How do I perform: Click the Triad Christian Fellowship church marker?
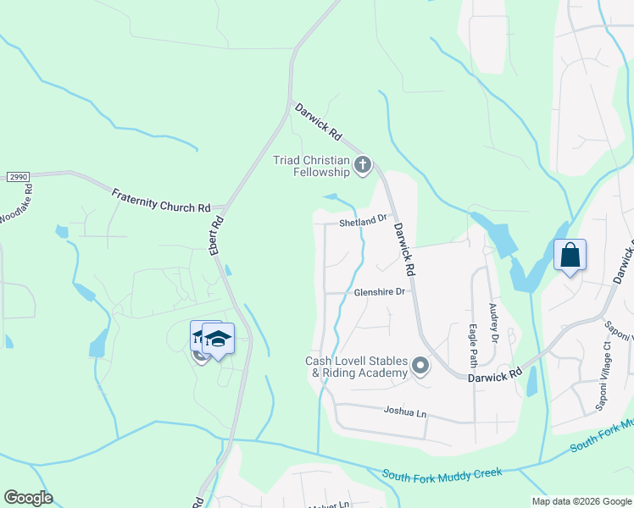pyautogui.click(x=363, y=164)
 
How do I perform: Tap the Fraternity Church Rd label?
pyautogui.click(x=160, y=201)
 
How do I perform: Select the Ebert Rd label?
pyautogui.click(x=216, y=236)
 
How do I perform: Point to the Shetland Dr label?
pyautogui.click(x=363, y=222)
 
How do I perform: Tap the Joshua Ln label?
pyautogui.click(x=404, y=412)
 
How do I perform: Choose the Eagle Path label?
pyautogui.click(x=474, y=342)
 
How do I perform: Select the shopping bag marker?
pyautogui.click(x=570, y=255)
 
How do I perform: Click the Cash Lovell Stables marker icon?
pyautogui.click(x=420, y=367)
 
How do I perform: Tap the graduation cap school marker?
pyautogui.click(x=219, y=340)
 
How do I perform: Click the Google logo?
pyautogui.click(x=28, y=497)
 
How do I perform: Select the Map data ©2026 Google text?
pyautogui.click(x=581, y=501)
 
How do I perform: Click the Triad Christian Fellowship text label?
pyautogui.click(x=311, y=166)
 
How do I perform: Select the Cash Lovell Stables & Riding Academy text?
pyautogui.click(x=356, y=367)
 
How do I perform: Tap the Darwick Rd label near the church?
pyautogui.click(x=318, y=122)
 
